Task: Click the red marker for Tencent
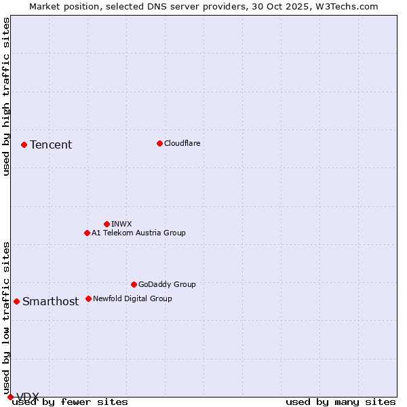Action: click(x=24, y=144)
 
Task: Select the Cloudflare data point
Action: click(x=159, y=143)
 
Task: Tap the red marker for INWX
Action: click(x=106, y=224)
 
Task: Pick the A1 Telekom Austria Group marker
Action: click(x=87, y=233)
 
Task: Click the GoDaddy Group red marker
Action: click(x=134, y=284)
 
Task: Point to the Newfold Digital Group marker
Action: click(x=88, y=298)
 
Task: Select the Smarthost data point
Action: click(x=16, y=301)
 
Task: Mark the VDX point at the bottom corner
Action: click(x=10, y=397)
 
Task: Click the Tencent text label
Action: click(x=51, y=144)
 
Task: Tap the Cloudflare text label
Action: click(x=182, y=143)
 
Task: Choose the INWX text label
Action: click(x=121, y=224)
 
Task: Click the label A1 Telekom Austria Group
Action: click(x=138, y=233)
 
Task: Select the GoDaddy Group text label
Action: click(x=167, y=284)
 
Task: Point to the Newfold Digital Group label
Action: click(x=132, y=298)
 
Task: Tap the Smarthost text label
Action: click(x=50, y=302)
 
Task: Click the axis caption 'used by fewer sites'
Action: click(x=71, y=402)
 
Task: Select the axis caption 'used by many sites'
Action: click(x=341, y=402)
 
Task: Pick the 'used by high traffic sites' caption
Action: click(x=6, y=96)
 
